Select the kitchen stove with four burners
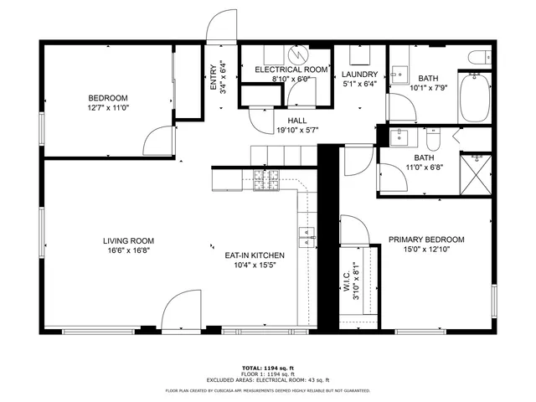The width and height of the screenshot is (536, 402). [267, 179]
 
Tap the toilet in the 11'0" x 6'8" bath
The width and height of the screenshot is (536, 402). [432, 136]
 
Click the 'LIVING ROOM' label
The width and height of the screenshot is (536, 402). [128, 240]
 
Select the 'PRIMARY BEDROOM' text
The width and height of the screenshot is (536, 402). [426, 240]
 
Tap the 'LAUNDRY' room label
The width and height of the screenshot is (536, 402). [360, 74]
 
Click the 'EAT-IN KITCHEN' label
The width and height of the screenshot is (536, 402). [255, 255]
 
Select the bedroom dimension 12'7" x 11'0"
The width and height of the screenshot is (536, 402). [108, 108]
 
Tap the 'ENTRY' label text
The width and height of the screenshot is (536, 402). [213, 77]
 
